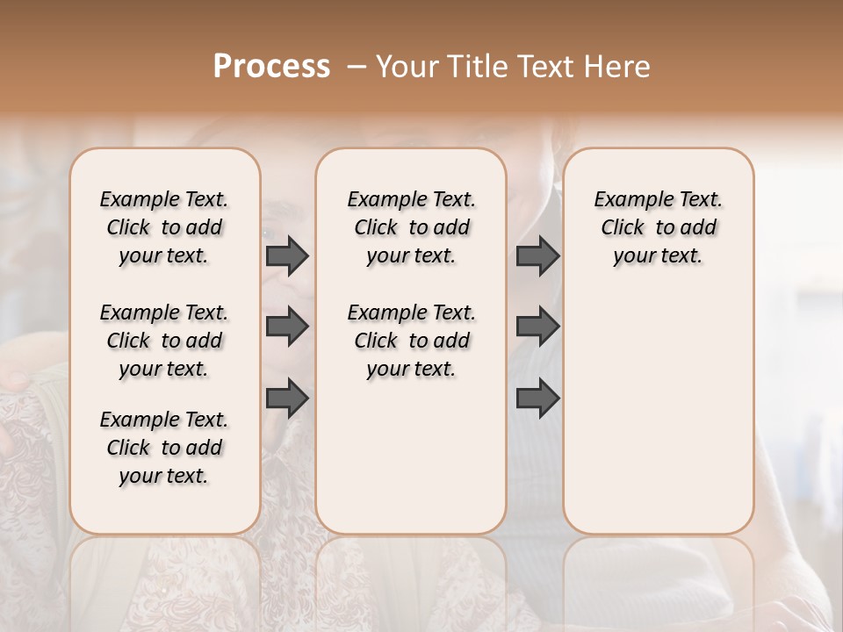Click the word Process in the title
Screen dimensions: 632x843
click(x=271, y=67)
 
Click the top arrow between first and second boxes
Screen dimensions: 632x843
click(x=287, y=256)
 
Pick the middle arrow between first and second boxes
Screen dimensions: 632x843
click(x=287, y=327)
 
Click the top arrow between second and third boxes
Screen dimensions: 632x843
click(x=537, y=256)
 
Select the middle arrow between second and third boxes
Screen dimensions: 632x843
click(x=537, y=327)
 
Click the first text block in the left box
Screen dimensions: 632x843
click(x=164, y=227)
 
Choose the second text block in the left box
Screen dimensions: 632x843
click(x=164, y=341)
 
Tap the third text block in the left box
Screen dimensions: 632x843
click(x=164, y=448)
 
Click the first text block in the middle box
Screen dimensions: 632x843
click(x=411, y=227)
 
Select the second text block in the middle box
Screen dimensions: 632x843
click(x=411, y=341)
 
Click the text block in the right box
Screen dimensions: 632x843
click(x=658, y=227)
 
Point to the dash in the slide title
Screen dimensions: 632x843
click(x=356, y=67)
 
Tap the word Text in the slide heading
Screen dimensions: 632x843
click(x=544, y=67)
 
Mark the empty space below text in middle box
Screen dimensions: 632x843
click(x=411, y=456)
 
